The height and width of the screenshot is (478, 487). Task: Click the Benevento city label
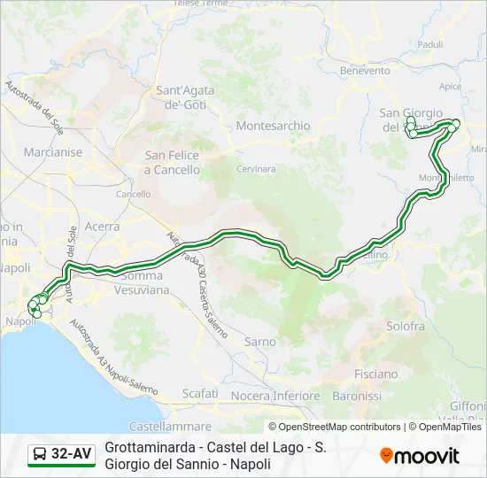point(365,70)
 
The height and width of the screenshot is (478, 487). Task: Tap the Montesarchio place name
point(273,126)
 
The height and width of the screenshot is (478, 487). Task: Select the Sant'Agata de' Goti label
point(182,96)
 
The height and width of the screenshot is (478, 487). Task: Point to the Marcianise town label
point(53,152)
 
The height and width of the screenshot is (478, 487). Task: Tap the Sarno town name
point(259,341)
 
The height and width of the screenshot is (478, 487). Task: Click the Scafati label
point(199,393)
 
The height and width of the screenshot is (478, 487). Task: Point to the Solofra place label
point(406,326)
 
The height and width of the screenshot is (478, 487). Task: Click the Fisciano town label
point(375,374)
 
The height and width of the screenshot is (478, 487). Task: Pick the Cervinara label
point(256,168)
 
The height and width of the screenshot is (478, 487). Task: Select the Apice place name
point(450,86)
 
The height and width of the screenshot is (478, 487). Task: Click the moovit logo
point(420,456)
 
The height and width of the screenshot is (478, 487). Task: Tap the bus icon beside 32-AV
point(40,455)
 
